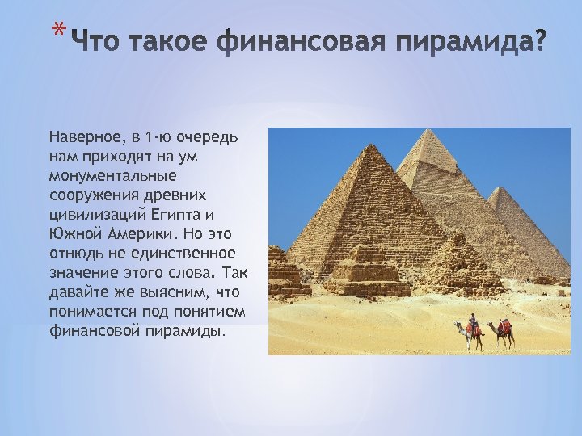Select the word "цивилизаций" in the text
95,213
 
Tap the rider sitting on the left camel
472,320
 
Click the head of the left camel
458,325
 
